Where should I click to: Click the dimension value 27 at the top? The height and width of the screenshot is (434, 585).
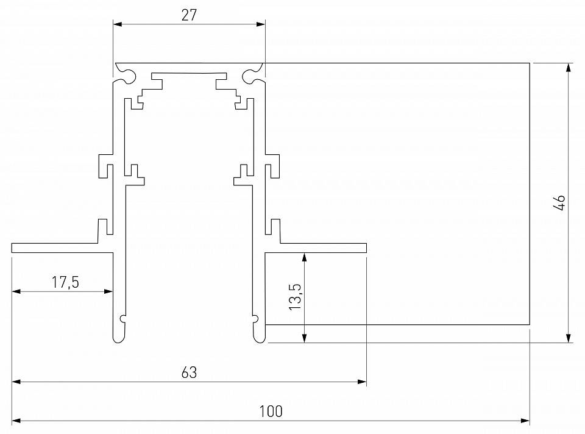(189, 15)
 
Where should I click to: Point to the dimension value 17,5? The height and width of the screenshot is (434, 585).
(66, 282)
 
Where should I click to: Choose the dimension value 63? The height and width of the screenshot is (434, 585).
(189, 372)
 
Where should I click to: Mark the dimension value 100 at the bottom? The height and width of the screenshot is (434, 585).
(271, 411)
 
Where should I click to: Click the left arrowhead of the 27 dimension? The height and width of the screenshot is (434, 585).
(118, 24)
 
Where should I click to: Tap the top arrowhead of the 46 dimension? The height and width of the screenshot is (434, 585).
(568, 67)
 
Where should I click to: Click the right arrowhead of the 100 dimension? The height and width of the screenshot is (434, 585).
(525, 421)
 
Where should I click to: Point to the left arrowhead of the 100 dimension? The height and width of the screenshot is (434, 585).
(16, 421)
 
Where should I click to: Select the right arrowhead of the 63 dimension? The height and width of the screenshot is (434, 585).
(362, 382)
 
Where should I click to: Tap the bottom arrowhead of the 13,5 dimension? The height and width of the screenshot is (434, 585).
(304, 338)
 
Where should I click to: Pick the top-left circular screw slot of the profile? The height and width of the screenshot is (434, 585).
(129, 76)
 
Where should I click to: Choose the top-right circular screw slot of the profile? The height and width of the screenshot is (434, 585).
(250, 76)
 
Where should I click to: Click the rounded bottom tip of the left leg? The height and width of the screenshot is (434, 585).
(119, 338)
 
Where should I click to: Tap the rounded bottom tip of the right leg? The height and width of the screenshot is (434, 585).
(259, 338)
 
